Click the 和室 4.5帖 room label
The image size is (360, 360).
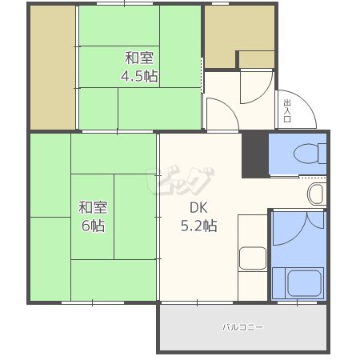[139, 67]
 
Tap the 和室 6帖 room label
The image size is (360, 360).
[93, 217]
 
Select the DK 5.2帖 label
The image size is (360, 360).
[199, 217]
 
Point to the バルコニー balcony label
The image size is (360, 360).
[242, 327]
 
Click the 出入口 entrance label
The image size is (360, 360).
[287, 111]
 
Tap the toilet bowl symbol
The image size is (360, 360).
[310, 154]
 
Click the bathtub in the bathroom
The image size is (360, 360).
[304, 283]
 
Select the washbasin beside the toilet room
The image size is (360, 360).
[317, 194]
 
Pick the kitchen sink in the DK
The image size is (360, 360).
[253, 258]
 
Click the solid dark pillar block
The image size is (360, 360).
[255, 155]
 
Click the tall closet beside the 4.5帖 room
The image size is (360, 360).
[53, 68]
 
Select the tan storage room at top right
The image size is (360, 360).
[239, 37]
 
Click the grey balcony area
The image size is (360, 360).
[243, 327]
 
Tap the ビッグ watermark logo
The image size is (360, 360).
[180, 182]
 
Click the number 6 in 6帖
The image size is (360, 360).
[86, 226]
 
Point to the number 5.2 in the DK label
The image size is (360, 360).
[191, 226]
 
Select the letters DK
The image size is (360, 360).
[198, 208]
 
